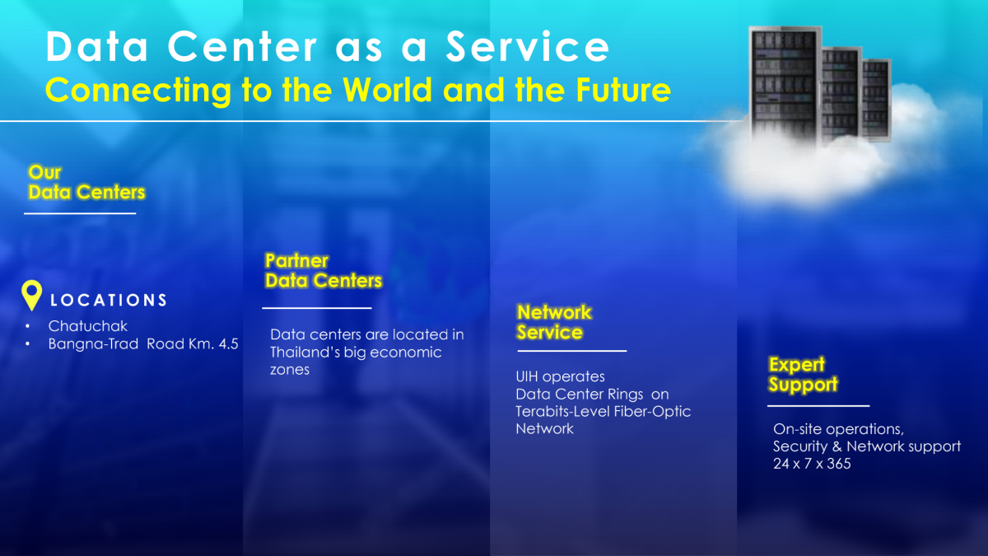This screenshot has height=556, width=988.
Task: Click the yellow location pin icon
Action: (32, 295)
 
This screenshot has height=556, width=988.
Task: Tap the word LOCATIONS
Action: (109, 301)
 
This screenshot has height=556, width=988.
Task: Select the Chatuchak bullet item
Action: (88, 326)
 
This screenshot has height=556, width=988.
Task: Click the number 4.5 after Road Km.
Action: (229, 343)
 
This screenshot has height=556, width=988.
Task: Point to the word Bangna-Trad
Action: (93, 343)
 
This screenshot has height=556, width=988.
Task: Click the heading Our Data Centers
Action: (86, 182)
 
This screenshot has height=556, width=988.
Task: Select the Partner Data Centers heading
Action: (324, 270)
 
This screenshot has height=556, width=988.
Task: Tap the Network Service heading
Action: (554, 322)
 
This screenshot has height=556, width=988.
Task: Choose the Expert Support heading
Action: (803, 374)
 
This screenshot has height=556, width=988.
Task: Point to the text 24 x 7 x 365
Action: (812, 464)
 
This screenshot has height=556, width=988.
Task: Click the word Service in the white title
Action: (528, 47)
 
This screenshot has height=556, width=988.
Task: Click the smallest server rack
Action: (876, 100)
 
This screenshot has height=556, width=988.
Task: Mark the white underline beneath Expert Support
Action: (818, 405)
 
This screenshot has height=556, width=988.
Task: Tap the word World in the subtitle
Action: (387, 90)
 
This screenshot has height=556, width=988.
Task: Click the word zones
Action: (290, 370)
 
